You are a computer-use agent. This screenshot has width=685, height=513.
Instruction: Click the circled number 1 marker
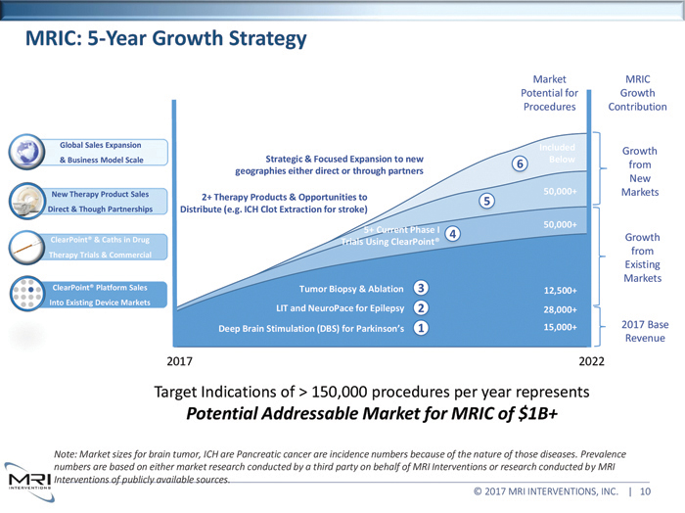[x=420, y=329]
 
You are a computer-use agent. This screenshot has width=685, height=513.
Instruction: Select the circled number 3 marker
[x=420, y=288]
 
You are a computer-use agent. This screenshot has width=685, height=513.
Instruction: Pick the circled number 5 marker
[x=485, y=201]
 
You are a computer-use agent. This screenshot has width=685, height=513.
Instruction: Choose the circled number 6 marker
[x=520, y=163]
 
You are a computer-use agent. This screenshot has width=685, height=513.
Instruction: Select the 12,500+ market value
[x=566, y=291]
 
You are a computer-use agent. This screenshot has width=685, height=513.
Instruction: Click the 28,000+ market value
[x=566, y=309]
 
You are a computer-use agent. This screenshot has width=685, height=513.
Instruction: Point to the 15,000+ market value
[x=566, y=328]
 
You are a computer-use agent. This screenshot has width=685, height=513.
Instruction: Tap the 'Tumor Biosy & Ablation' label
[x=349, y=289]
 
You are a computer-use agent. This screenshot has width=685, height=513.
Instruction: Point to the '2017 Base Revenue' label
[x=645, y=331]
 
